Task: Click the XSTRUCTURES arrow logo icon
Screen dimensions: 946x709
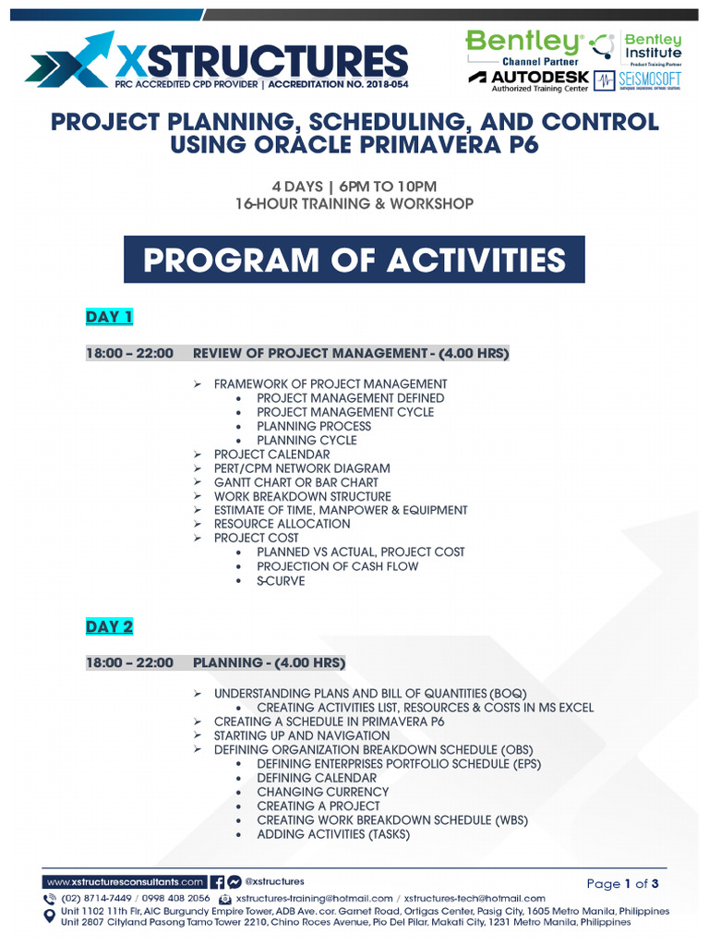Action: [69, 58]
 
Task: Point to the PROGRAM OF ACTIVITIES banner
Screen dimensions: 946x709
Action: [354, 260]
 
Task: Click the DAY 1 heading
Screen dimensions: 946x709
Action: [109, 318]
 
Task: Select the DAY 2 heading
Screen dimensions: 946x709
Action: [109, 626]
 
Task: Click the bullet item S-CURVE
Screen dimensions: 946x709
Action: [281, 581]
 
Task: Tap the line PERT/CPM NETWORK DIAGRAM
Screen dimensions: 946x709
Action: [302, 468]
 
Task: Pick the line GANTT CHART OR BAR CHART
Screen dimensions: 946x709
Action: [295, 482]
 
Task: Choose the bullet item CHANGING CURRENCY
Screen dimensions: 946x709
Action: [322, 792]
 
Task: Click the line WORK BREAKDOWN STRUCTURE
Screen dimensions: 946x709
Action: [302, 496]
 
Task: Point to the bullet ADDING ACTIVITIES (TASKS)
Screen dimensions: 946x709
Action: [333, 834]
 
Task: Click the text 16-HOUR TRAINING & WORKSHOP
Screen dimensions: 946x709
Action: [354, 203]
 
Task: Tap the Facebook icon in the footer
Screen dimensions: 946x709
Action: [218, 882]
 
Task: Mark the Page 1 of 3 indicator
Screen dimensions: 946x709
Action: [625, 884]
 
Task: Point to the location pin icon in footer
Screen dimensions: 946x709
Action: [50, 916]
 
